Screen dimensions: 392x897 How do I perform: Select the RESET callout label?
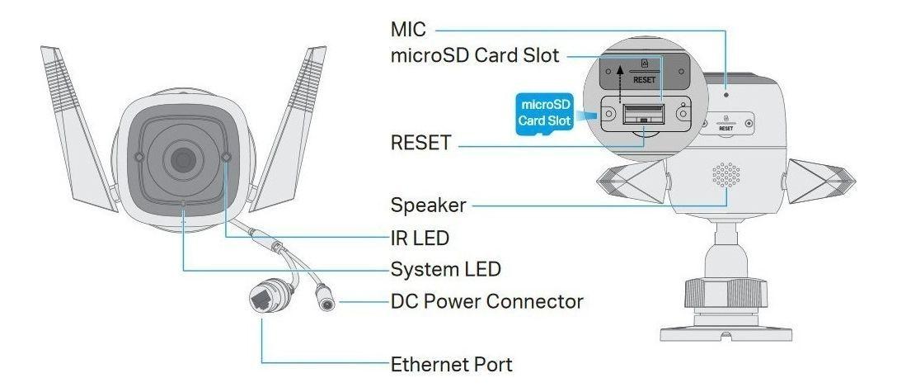click(420, 143)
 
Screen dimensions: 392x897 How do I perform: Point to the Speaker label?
click(428, 204)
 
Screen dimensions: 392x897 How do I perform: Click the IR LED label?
click(420, 239)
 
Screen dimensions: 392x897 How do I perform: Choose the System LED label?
click(444, 269)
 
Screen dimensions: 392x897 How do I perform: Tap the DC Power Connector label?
click(486, 301)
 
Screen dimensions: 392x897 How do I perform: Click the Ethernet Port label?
click(452, 363)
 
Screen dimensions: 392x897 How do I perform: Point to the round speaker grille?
click(726, 174)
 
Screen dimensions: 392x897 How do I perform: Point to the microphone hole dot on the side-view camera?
click(726, 93)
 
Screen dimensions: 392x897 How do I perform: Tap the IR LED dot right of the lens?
click(227, 157)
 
